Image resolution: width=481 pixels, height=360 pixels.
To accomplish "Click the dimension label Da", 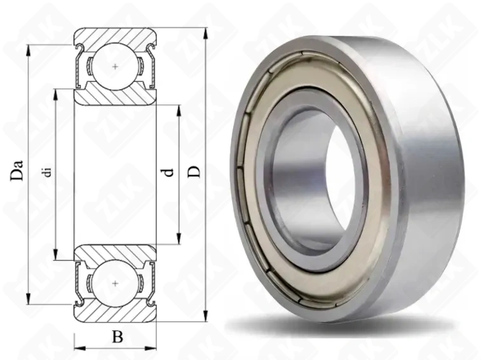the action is pyautogui.click(x=17, y=170).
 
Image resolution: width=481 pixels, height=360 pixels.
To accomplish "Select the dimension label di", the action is pyautogui.click(x=47, y=172).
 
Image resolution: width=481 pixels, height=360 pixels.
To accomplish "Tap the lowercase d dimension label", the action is pyautogui.click(x=168, y=172).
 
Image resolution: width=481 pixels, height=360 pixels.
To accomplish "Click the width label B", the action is pyautogui.click(x=118, y=336).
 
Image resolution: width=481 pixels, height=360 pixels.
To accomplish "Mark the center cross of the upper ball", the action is pyautogui.click(x=115, y=67).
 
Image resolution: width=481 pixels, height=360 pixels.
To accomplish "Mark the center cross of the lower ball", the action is pyautogui.click(x=115, y=283).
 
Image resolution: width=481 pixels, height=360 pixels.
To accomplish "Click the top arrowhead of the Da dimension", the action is pyautogui.click(x=28, y=50).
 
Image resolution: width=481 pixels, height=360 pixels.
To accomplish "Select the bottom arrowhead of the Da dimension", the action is pyautogui.click(x=28, y=299).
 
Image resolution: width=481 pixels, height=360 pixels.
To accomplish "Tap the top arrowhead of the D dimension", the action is pyautogui.click(x=205, y=33).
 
